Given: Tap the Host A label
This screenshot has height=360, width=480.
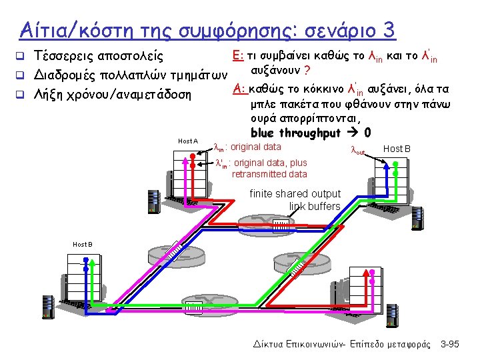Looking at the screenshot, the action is pyautogui.click(x=188, y=141).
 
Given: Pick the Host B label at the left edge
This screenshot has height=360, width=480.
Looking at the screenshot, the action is pyautogui.click(x=83, y=245).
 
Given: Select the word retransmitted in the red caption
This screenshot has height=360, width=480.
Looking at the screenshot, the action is pyautogui.click(x=257, y=174).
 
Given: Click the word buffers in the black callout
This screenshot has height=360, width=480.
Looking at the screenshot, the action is pyautogui.click(x=325, y=207).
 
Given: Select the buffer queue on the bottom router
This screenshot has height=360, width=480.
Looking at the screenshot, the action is pyautogui.click(x=195, y=309).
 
